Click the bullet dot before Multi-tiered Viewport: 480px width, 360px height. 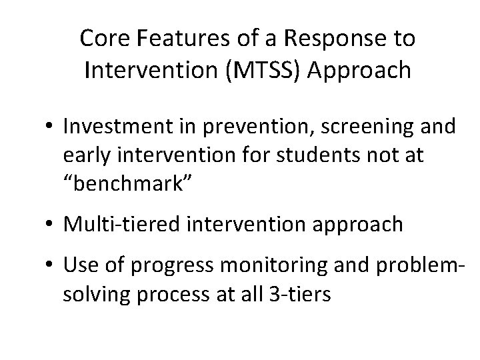tap(51, 225)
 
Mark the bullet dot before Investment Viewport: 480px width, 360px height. tap(51, 127)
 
